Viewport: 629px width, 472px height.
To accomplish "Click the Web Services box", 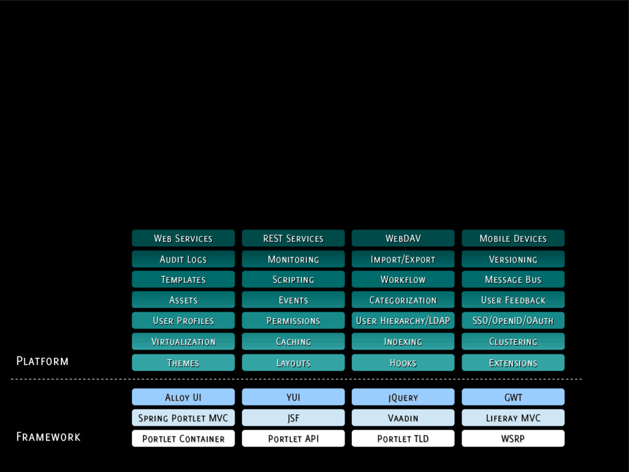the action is pos(183,238).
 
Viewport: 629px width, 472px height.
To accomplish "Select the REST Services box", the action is pos(293,238).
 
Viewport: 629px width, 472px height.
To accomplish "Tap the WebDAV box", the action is pos(403,238).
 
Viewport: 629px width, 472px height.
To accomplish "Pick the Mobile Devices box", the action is pos(513,238).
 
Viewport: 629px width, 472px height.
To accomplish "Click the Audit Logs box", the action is pos(183,259).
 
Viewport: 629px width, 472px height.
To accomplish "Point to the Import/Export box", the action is pos(403,259).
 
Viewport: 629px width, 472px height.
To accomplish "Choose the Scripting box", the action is pos(293,280).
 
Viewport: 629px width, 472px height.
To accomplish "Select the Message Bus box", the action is pos(513,280).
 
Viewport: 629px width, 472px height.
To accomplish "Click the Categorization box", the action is pos(403,300).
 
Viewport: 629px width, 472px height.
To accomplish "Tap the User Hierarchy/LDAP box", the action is pos(403,321).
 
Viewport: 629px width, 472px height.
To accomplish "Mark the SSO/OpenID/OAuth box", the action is pos(513,321).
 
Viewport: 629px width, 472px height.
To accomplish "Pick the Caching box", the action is pos(293,342).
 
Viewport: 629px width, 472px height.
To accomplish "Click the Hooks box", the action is pos(403,363).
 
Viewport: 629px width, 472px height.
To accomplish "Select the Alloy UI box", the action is pos(183,398).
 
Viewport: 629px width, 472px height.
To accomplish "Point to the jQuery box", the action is pos(403,398).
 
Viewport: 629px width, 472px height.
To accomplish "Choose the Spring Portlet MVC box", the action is pos(183,418).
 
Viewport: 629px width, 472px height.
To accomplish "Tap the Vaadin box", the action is pos(403,418).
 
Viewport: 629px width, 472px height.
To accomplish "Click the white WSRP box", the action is pos(513,439).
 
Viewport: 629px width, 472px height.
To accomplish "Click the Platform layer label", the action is pos(42,361).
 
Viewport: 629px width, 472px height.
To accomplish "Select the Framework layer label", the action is pos(48,437).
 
